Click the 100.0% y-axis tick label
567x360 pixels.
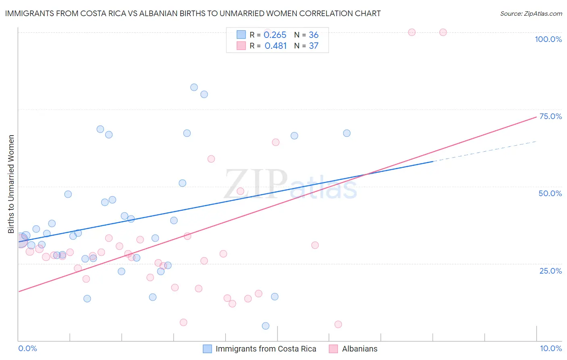(x=548, y=39)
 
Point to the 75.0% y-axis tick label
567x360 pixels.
(x=550, y=116)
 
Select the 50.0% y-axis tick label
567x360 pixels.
(x=550, y=193)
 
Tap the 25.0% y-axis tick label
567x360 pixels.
(x=550, y=271)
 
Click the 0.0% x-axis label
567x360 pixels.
(x=27, y=348)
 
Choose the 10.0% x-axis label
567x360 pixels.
(x=551, y=348)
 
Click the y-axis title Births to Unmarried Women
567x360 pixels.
(x=11, y=184)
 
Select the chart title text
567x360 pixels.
(x=193, y=13)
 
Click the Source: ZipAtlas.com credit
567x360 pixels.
(x=531, y=13)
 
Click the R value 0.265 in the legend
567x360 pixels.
(x=275, y=35)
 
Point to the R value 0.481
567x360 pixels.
(x=275, y=46)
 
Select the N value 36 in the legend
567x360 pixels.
(x=313, y=35)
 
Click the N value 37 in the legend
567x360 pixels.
(x=313, y=46)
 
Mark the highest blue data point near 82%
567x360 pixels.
(x=194, y=87)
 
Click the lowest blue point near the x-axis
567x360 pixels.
(x=265, y=326)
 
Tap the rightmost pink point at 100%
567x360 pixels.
(x=443, y=32)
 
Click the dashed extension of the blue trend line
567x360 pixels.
(x=484, y=151)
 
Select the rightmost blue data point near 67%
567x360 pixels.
(x=347, y=133)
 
